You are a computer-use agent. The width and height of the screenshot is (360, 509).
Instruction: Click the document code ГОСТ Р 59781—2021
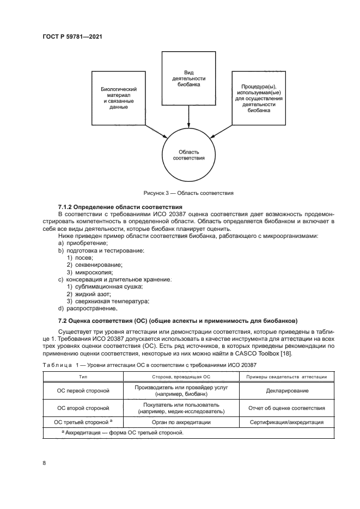(x=73, y=37)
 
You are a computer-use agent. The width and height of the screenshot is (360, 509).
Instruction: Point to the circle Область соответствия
(x=188, y=155)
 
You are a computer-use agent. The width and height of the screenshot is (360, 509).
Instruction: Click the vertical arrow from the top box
(x=188, y=117)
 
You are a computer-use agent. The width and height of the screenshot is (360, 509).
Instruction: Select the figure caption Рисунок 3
(x=188, y=192)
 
